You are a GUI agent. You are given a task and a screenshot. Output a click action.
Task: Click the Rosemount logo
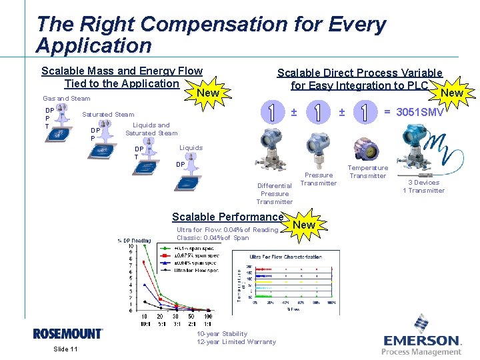(x=68, y=333)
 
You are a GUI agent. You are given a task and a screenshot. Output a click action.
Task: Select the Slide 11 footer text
(x=65, y=349)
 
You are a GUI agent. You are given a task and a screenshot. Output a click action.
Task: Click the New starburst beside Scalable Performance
(x=304, y=225)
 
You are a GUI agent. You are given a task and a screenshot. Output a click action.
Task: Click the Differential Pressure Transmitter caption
(x=275, y=193)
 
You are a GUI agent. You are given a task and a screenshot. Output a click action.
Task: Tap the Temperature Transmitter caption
(x=368, y=172)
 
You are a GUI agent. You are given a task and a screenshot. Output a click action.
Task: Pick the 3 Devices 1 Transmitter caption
(x=423, y=186)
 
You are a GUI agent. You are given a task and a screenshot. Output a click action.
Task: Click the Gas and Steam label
(x=67, y=99)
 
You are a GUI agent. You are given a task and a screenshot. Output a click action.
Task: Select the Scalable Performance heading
(x=227, y=217)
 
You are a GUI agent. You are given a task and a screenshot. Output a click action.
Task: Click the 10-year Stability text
(x=222, y=333)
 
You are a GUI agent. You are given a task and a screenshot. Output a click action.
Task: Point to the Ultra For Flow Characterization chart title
(x=285, y=256)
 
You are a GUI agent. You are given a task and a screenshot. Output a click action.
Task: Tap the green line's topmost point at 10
(x=145, y=247)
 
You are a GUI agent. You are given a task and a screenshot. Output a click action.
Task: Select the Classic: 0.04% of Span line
(x=213, y=238)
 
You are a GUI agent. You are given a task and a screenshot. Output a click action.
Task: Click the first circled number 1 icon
(x=271, y=112)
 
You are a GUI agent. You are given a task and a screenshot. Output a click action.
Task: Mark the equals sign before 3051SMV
(x=387, y=112)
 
